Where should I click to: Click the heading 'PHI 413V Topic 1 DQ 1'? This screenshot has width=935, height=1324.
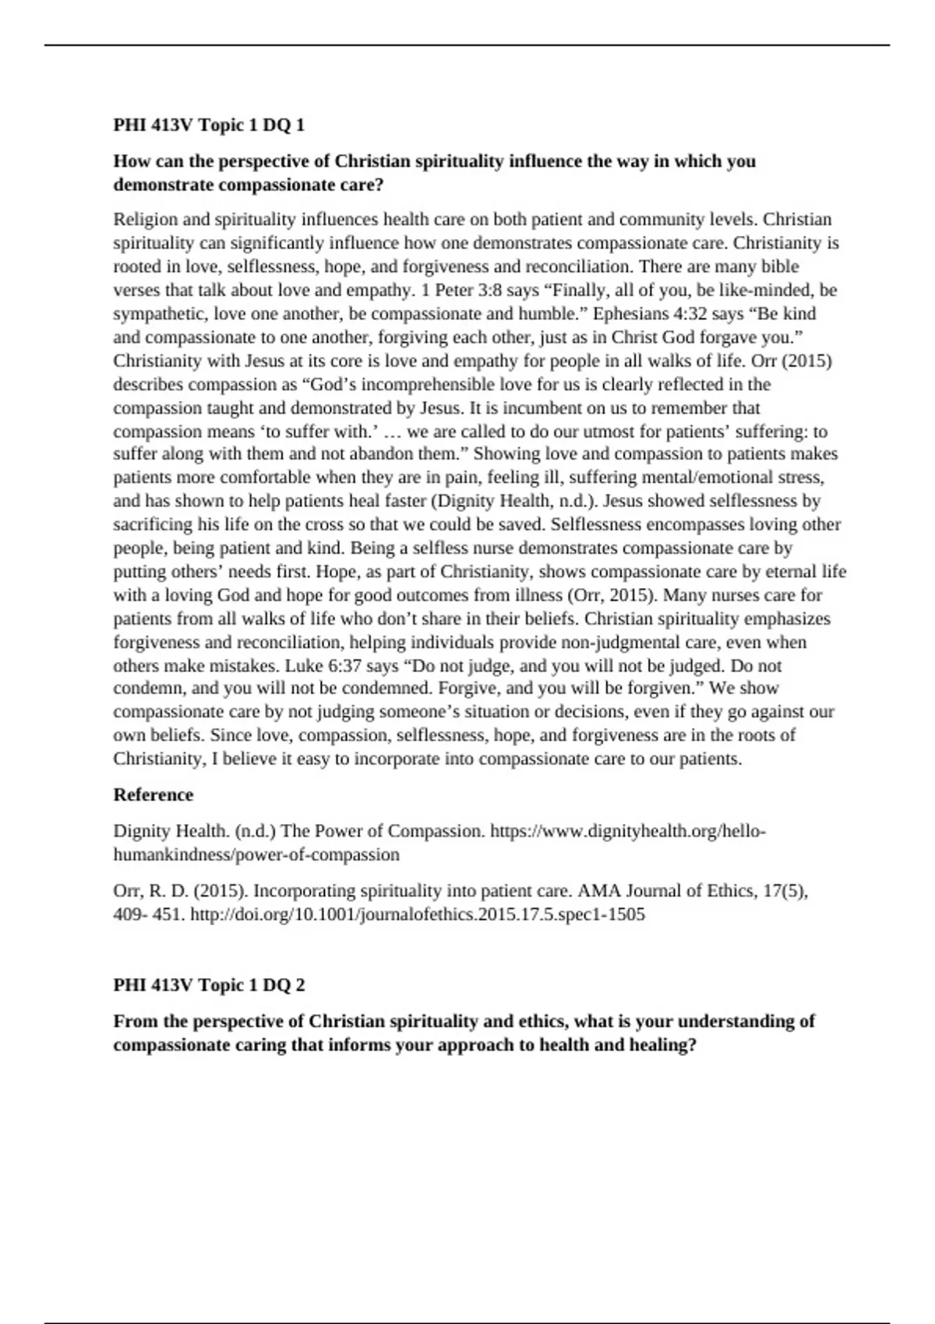click(209, 125)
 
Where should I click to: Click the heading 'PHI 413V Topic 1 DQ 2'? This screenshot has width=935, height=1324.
click(209, 985)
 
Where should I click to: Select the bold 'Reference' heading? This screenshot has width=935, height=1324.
click(153, 795)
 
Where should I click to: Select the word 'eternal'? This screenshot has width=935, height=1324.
click(791, 572)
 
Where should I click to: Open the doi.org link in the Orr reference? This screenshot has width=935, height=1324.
click(418, 915)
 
